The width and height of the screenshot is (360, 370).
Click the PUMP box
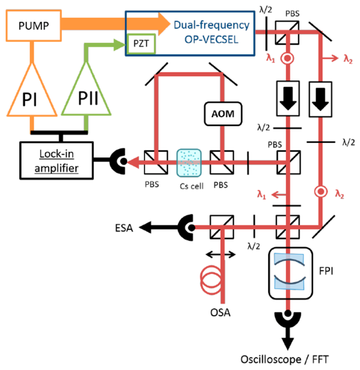click(34, 26)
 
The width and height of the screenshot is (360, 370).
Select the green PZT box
click(141, 43)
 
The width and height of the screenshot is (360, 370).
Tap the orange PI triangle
click(32, 89)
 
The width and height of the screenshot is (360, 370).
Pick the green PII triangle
click(87, 88)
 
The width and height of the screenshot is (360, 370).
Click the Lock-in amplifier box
click(56, 160)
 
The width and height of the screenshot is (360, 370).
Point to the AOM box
click(223, 114)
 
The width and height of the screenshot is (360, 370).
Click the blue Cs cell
click(189, 163)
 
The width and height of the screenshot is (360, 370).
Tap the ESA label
click(124, 228)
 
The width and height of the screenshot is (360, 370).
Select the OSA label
click(220, 312)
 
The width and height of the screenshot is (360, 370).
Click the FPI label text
click(326, 271)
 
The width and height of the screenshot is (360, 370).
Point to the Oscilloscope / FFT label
click(284, 359)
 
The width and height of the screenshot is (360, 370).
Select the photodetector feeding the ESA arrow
click(186, 228)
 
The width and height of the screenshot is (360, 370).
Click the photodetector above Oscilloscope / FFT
click(288, 320)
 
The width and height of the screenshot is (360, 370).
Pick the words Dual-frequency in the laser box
click(211, 25)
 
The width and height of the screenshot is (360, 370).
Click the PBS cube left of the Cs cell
click(156, 162)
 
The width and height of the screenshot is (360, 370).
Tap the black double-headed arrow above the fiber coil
click(221, 254)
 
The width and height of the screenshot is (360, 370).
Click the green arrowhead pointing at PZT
click(119, 45)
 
